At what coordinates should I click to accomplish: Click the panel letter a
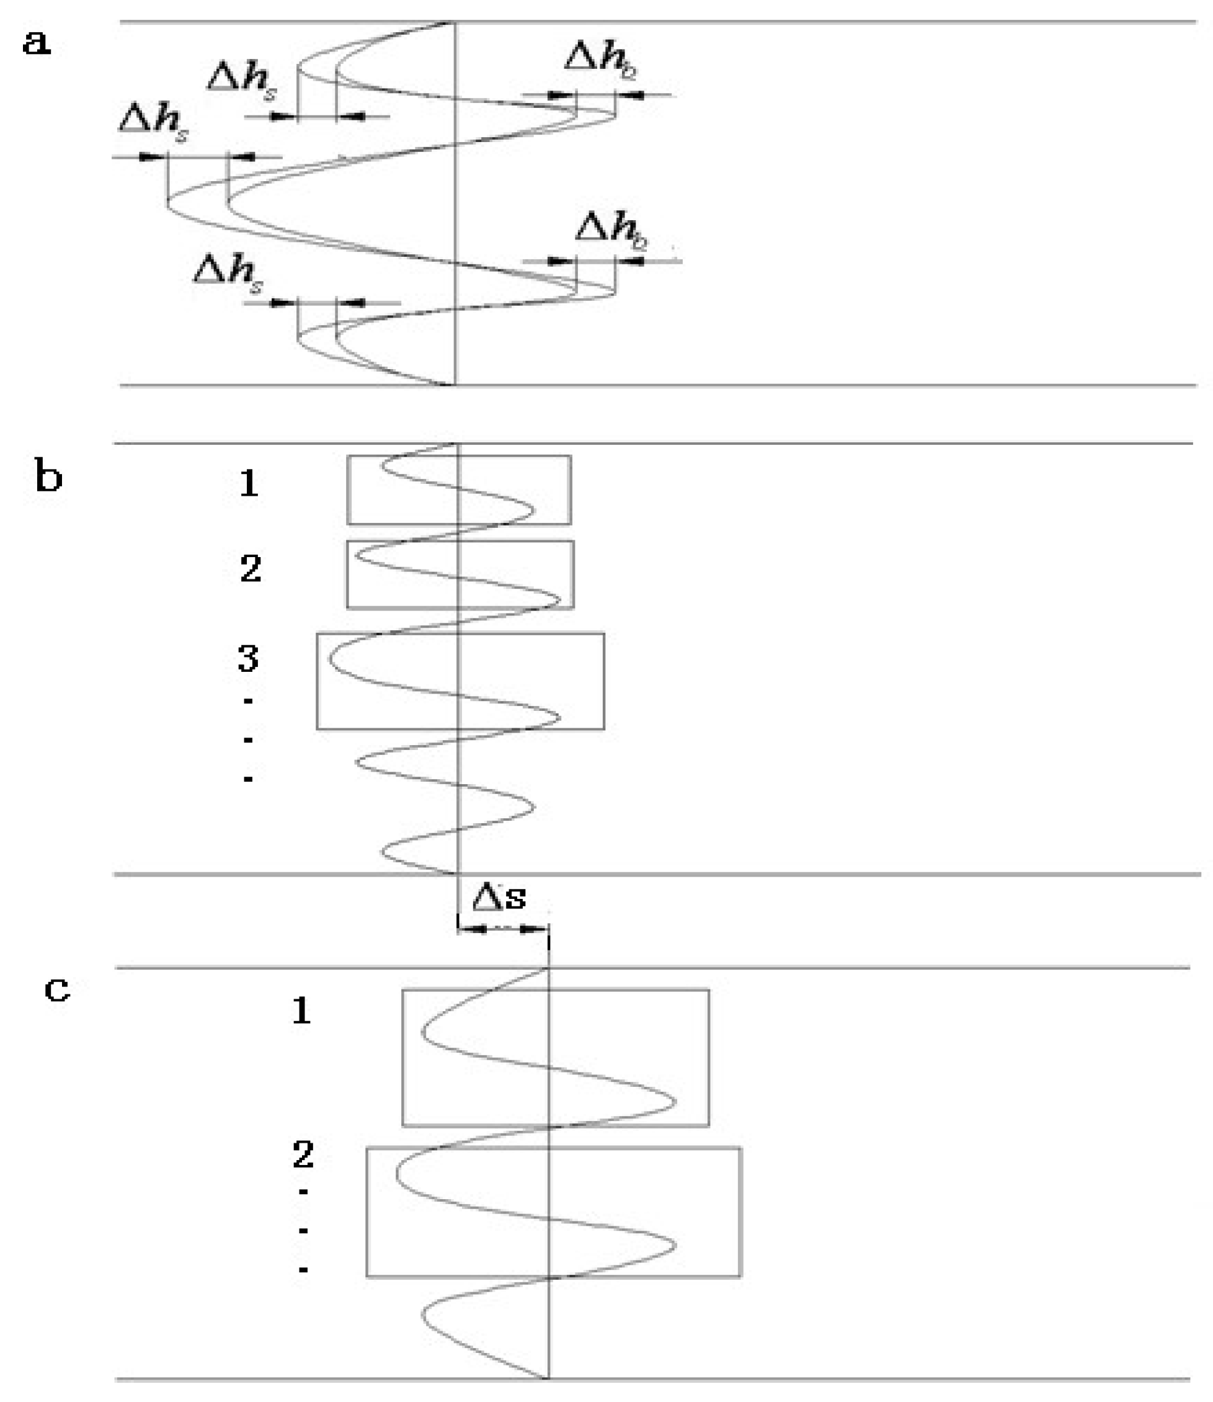coord(37,43)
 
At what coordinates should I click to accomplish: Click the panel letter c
coord(57,989)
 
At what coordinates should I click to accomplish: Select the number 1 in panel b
coord(249,484)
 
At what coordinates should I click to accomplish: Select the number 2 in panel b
coord(251,568)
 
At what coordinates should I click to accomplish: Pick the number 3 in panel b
coord(247,658)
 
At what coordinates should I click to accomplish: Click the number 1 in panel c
coord(301,1011)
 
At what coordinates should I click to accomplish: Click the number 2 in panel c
coord(303,1154)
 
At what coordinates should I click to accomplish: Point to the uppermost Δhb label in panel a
coord(600,60)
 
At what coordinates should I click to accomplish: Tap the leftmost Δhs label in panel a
coord(153,123)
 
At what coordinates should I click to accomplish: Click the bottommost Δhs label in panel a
coord(228,274)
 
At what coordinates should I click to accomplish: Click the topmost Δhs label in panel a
coord(241,80)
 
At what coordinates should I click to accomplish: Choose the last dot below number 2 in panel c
coord(303,1270)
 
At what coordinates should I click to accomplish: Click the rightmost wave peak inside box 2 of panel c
coord(674,1244)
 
